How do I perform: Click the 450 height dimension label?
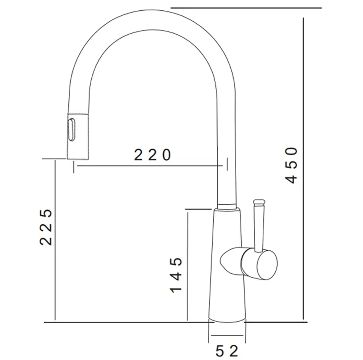tap(291, 166)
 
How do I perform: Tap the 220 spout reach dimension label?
tap(152, 155)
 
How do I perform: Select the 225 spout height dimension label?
tap(46, 227)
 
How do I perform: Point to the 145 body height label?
tap(176, 275)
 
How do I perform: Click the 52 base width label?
tap(227, 351)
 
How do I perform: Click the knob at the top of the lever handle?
tap(259, 203)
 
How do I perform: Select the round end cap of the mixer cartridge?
tap(267, 265)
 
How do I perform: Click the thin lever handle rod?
tap(259, 229)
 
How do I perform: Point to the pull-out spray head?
tap(78, 136)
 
